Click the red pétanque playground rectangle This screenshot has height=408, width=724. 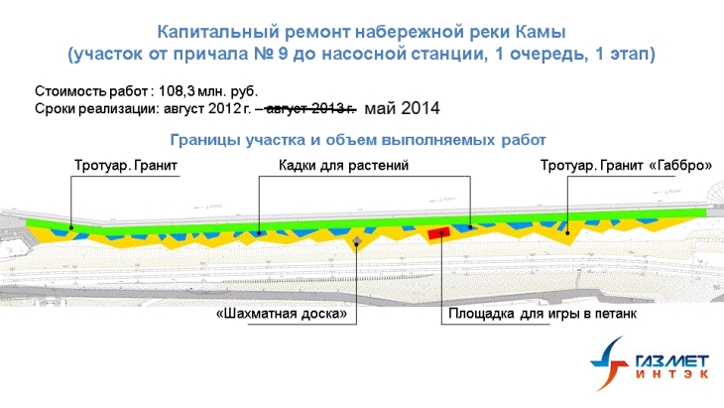click(x=438, y=233)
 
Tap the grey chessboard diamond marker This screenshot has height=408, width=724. click(x=356, y=241)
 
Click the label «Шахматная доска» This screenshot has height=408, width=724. click(x=282, y=315)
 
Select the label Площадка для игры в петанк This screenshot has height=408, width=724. click(x=543, y=314)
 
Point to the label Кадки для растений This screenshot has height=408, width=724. click(x=343, y=166)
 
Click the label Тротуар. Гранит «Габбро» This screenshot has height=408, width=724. click(x=626, y=166)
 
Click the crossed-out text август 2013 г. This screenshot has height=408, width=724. click(x=311, y=109)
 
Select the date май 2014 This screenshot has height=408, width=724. click(x=402, y=108)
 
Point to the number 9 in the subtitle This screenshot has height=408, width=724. click(x=283, y=54)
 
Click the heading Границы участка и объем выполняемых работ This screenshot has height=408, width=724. click(x=358, y=140)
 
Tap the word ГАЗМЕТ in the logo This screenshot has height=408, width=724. click(x=671, y=361)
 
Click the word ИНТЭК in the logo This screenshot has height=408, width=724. click(x=671, y=374)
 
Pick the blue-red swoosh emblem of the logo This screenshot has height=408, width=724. click(x=610, y=363)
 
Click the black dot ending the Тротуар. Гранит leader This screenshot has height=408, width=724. click(x=71, y=227)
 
